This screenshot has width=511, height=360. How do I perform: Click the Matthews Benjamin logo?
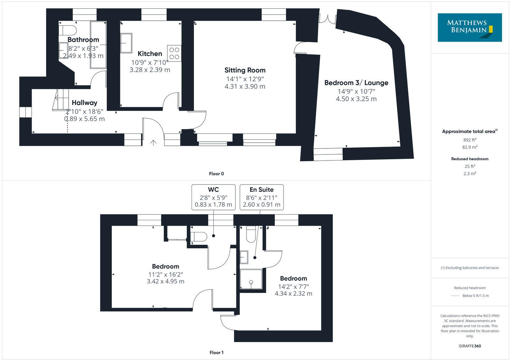[469, 27]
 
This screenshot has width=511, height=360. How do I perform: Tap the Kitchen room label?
[150, 54]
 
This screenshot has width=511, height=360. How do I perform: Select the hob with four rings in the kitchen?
[174, 53]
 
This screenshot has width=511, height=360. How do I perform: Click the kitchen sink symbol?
[126, 43]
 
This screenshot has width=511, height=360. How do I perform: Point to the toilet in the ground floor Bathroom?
[68, 31]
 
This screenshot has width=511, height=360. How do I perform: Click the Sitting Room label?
[245, 70]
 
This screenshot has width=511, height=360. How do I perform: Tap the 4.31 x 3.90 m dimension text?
[245, 86]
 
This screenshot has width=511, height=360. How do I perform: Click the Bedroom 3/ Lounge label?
[356, 83]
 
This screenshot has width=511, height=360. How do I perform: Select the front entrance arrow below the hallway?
[153, 143]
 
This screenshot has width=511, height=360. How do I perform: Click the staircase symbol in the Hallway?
[61, 100]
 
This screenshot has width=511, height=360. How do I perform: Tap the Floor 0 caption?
[216, 174]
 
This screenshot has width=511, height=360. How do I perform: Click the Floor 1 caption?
[216, 352]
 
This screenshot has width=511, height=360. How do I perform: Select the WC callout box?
[213, 197]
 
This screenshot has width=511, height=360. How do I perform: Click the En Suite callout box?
[262, 197]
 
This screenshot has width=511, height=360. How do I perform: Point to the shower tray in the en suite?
[251, 280]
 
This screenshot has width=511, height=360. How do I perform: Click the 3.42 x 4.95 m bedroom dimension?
[165, 281]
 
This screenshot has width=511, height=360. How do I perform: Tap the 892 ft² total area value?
[469, 140]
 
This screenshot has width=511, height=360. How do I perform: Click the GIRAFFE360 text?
[469, 346]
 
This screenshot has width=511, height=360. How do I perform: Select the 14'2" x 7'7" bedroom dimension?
[293, 287]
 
